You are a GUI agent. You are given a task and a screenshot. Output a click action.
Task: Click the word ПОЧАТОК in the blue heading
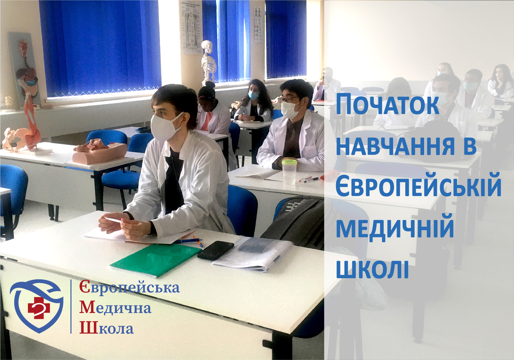click(x=387, y=104)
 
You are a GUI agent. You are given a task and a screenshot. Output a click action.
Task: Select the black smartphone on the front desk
click(x=215, y=250)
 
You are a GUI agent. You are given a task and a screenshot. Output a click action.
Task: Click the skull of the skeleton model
click(x=207, y=46)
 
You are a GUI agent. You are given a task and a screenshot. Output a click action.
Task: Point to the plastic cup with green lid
click(x=289, y=171)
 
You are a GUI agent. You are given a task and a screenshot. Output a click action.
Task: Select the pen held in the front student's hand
click(x=113, y=220)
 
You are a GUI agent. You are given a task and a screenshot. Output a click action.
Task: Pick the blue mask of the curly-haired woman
click(x=253, y=95)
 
